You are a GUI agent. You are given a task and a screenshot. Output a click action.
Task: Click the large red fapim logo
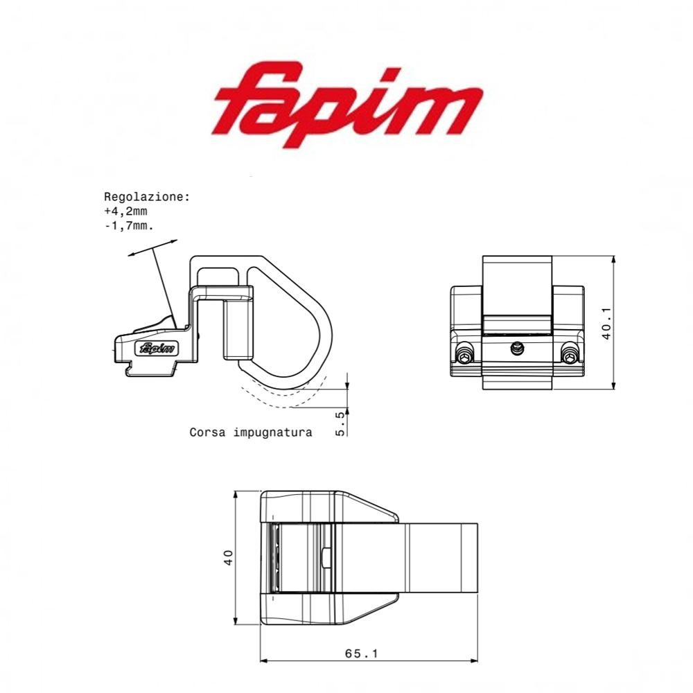pos(346,104)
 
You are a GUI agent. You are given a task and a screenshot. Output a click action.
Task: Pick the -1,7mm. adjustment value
pos(128,226)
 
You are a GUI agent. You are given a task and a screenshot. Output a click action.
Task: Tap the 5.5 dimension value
pos(340,423)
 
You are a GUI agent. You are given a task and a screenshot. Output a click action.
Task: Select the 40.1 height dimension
pos(606,323)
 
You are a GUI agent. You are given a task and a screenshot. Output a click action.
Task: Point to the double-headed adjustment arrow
pos(152,248)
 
